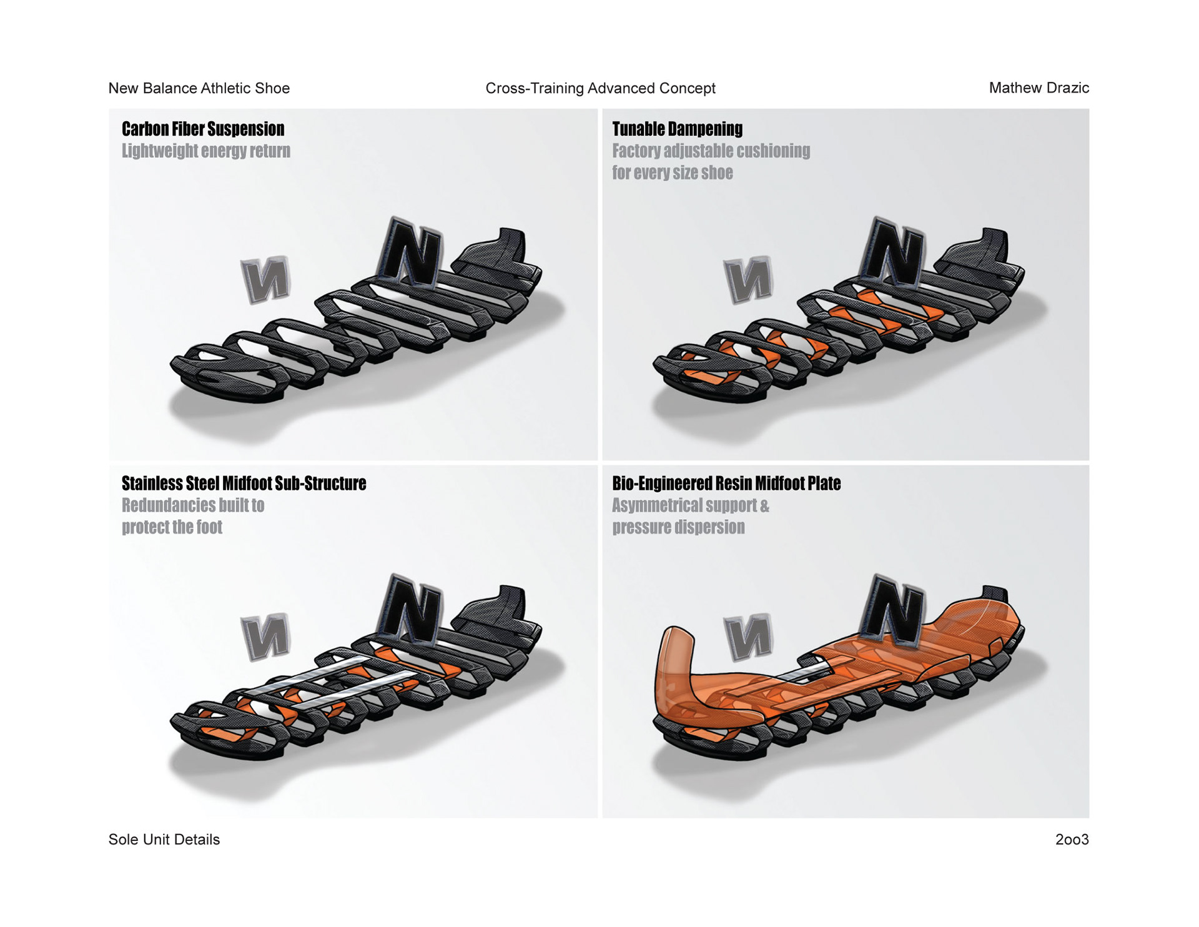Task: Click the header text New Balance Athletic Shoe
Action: point(199,88)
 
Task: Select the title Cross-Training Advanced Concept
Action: point(600,88)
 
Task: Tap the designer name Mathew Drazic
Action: point(1039,88)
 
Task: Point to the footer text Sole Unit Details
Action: point(164,840)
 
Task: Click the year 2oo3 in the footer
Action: point(1072,840)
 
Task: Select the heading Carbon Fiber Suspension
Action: point(203,129)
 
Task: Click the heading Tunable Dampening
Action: point(677,129)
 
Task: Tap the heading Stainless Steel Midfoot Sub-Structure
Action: point(244,483)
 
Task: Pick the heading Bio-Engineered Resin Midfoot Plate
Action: point(726,483)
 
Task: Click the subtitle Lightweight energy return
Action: point(205,151)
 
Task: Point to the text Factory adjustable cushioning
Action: point(711,151)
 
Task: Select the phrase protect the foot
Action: point(172,527)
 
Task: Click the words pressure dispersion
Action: point(678,527)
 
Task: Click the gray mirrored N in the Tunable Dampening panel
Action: point(748,279)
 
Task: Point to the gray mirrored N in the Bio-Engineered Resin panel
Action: point(748,637)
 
